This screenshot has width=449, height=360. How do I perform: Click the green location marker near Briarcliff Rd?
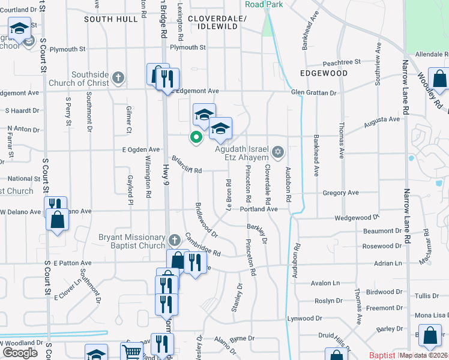tap(195, 137)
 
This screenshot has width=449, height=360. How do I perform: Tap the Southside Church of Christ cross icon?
tap(118, 77)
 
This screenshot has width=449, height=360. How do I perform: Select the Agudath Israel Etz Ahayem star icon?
tap(277, 151)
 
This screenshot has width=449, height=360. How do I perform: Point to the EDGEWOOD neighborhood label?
tap(324, 73)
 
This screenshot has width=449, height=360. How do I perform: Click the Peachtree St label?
tap(341, 62)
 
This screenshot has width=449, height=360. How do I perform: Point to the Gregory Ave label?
tap(340, 193)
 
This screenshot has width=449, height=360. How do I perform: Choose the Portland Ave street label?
tap(259, 209)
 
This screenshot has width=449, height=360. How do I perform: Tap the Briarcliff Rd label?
tap(187, 166)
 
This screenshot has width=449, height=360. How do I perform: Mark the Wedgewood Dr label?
tap(357, 218)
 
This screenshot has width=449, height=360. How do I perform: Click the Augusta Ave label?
tap(382, 119)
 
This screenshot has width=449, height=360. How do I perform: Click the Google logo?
tap(20, 352)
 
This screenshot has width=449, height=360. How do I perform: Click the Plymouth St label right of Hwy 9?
tap(188, 47)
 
